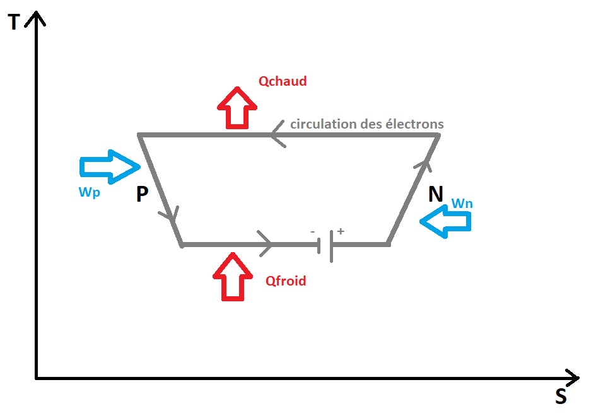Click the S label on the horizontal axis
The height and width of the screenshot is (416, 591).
click(561, 396)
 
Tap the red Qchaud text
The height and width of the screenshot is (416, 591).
click(283, 81)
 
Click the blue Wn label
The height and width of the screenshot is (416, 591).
click(462, 204)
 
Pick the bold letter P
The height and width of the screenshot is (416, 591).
click(142, 195)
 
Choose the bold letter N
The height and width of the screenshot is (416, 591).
click(435, 194)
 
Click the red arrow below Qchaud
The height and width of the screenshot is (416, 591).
click(237, 108)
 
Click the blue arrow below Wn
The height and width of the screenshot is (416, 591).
click(445, 222)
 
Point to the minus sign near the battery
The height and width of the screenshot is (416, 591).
click(313, 232)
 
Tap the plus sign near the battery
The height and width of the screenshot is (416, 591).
click(341, 231)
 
